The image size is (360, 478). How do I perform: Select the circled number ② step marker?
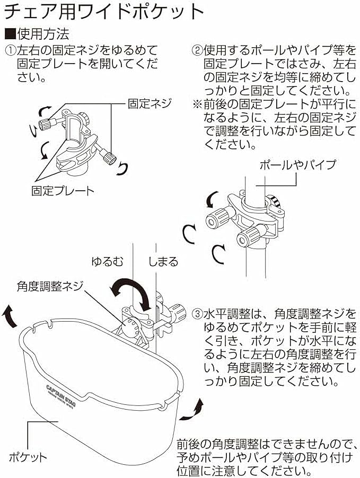(x=196, y=51)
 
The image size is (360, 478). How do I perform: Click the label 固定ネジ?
(x=145, y=103)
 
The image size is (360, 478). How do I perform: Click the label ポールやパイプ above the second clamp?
(x=297, y=165)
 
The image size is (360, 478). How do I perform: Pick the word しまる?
(x=163, y=261)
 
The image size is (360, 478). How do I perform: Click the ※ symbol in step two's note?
(x=197, y=103)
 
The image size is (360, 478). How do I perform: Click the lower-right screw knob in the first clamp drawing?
(x=110, y=157)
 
